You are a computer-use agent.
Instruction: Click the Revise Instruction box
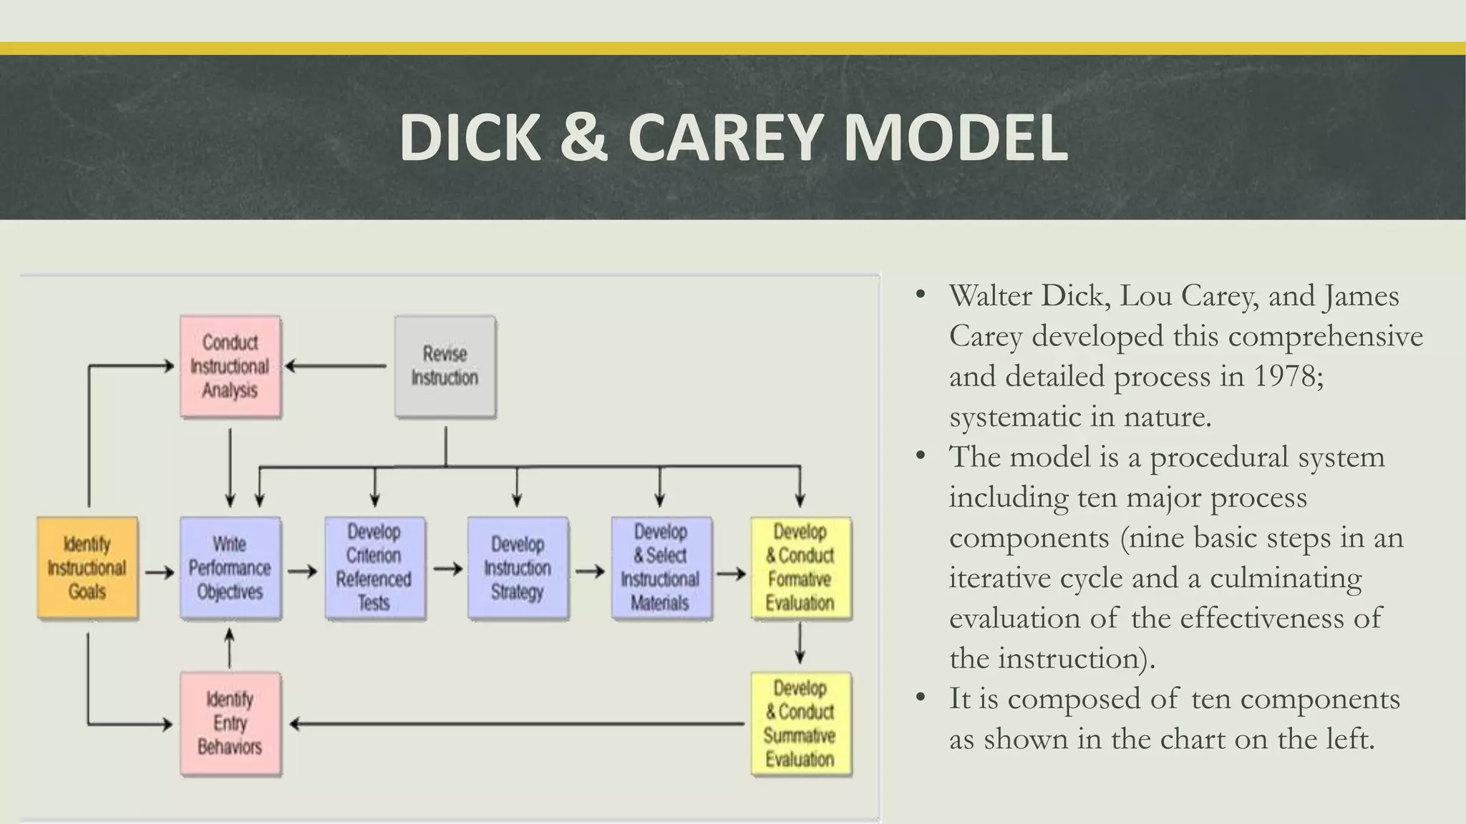tap(445, 366)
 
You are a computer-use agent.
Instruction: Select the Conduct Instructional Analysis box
tap(230, 366)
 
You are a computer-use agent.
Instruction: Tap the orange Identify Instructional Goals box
tap(87, 568)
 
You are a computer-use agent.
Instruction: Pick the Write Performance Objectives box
tap(230, 568)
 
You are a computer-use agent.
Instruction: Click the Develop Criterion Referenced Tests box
tap(374, 568)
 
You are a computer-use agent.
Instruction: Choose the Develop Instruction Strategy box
tap(518, 568)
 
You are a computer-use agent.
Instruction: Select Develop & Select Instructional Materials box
tap(661, 568)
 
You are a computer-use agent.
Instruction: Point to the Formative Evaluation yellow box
tap(800, 568)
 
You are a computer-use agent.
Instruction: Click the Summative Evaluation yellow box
tap(800, 724)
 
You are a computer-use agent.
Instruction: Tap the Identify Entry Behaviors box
tap(230, 724)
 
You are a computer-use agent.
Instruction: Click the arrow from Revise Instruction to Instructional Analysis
tap(336, 366)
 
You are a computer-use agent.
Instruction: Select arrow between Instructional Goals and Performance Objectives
tap(160, 572)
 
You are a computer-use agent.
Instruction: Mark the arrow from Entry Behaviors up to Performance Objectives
tap(230, 647)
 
